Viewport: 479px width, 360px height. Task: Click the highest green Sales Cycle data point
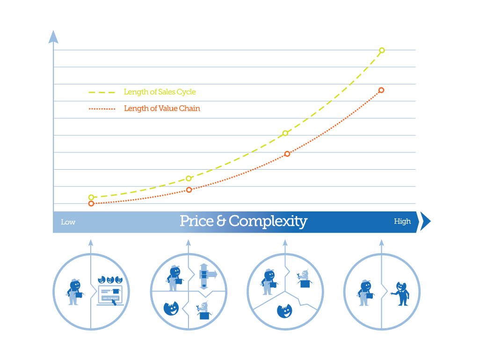382,50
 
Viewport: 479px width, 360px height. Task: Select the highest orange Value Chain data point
381,90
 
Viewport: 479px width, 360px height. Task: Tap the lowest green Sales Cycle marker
91,197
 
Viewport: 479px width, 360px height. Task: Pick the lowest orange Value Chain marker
91,203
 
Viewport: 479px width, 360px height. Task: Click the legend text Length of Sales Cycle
160,92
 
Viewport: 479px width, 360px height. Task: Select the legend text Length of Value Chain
162,109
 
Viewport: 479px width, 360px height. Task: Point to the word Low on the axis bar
68,222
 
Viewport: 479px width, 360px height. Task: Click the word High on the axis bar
402,221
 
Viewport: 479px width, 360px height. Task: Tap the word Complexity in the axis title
268,222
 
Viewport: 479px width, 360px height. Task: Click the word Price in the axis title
196,221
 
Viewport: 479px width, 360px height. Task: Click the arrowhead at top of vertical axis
53,37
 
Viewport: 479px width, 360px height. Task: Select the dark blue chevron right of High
425,221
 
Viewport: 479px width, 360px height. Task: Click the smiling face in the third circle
284,311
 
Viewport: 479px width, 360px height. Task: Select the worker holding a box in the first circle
74,292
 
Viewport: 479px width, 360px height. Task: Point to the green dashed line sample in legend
102,92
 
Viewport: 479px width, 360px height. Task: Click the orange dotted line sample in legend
102,109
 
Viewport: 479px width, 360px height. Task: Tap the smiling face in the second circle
171,308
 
